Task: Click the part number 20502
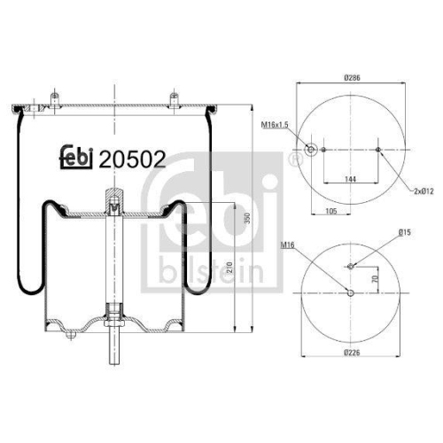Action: (133, 159)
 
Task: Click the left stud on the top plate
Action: (56, 98)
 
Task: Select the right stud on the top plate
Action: (175, 98)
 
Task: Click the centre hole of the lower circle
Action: (351, 293)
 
